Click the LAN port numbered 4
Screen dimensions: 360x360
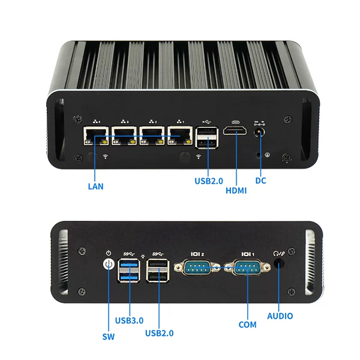[96, 136]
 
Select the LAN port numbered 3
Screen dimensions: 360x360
[124, 136]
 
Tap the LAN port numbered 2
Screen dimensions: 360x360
[152, 136]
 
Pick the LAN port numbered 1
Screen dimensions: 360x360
[180, 136]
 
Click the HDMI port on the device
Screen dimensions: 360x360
[235, 131]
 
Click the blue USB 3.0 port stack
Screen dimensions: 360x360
[129, 271]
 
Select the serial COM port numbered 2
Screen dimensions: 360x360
[197, 267]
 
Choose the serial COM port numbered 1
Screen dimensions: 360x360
[247, 267]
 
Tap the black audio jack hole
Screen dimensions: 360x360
[279, 263]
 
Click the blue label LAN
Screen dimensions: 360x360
[96, 187]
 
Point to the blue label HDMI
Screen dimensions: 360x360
[236, 191]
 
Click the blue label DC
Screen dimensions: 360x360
[260, 181]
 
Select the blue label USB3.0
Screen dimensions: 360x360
[129, 320]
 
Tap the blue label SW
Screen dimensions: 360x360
[109, 337]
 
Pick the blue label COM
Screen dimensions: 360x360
[247, 325]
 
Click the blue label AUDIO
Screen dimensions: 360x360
[280, 316]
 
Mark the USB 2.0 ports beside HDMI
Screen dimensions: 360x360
[206, 138]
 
